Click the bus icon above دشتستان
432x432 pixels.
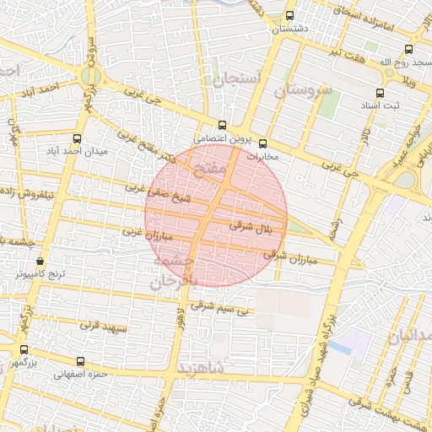pyautogui.click(x=290, y=15)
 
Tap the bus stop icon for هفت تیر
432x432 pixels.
pyautogui.click(x=409, y=49)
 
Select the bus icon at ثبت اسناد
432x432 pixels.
pyautogui.click(x=379, y=94)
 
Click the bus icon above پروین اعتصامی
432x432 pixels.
pyautogui.click(x=222, y=125)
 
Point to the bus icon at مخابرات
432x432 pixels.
pyautogui.click(x=262, y=143)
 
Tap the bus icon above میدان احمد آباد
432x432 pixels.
pyautogui.click(x=78, y=138)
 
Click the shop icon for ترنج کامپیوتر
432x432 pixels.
pyautogui.click(x=40, y=262)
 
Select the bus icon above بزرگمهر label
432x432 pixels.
pyautogui.click(x=23, y=349)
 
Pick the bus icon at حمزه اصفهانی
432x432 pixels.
pyautogui.click(x=80, y=361)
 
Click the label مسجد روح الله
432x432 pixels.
pyautogui.click(x=396, y=62)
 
